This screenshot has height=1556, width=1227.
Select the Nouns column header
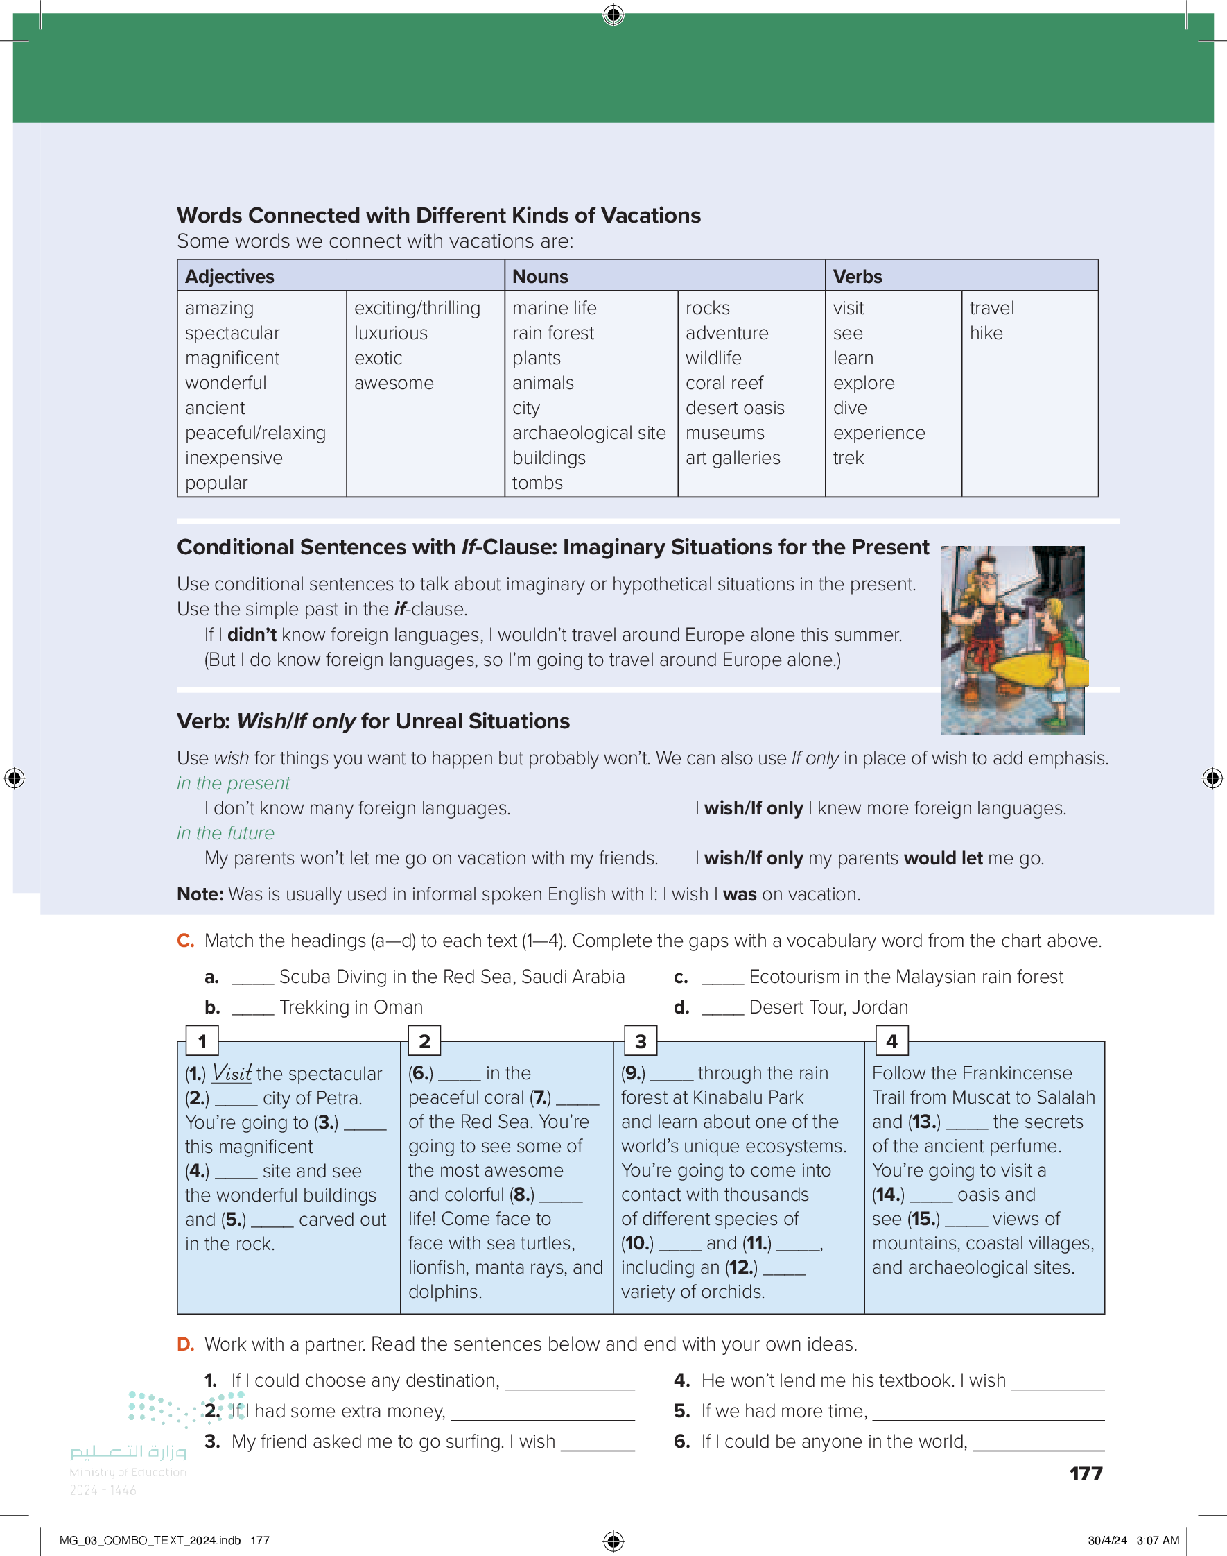click(539, 277)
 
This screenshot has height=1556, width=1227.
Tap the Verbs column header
click(857, 277)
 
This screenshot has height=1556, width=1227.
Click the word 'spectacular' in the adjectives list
click(232, 334)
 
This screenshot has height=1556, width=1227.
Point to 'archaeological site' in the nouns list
click(589, 434)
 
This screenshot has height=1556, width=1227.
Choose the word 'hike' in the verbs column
click(986, 334)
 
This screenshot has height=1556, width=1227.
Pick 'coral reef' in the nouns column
click(724, 383)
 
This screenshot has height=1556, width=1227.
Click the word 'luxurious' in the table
click(390, 334)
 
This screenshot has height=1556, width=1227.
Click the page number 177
click(1086, 1473)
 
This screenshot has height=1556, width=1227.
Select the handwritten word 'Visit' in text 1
click(232, 1073)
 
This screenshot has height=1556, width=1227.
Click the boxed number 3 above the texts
click(640, 1041)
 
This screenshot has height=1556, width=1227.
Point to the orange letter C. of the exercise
click(185, 941)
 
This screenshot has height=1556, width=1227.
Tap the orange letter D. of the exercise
click(185, 1344)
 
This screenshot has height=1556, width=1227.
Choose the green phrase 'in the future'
click(225, 833)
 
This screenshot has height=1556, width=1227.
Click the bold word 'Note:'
click(200, 894)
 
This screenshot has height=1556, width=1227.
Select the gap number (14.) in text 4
click(888, 1195)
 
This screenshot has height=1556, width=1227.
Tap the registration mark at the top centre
click(613, 15)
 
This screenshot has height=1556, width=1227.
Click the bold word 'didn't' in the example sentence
click(252, 635)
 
